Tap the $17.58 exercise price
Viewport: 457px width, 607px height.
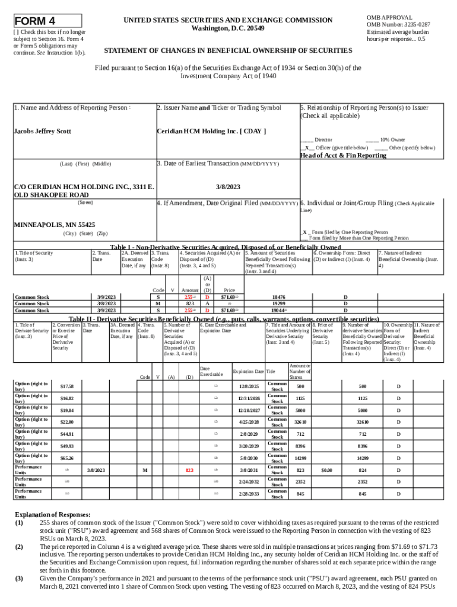(67, 386)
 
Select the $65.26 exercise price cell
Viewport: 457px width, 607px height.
(67, 458)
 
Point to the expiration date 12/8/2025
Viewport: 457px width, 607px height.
(250, 386)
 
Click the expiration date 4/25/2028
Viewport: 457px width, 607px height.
(250, 422)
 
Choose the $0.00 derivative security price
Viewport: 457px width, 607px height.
(326, 470)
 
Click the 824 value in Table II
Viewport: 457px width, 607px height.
(362, 470)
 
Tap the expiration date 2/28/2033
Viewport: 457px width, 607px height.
(250, 494)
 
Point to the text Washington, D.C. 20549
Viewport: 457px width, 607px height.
(228, 28)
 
